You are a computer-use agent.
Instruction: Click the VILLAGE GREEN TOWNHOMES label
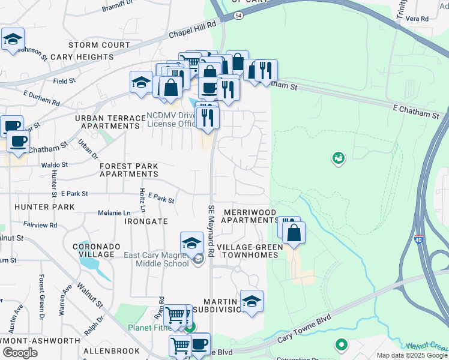point(247,251)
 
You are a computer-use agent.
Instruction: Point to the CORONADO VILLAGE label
point(93,250)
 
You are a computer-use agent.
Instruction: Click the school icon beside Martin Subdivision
point(252,302)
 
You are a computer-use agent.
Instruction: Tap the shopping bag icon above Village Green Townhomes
point(294,233)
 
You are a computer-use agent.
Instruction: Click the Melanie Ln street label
point(114,213)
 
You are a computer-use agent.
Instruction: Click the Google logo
point(20,352)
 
